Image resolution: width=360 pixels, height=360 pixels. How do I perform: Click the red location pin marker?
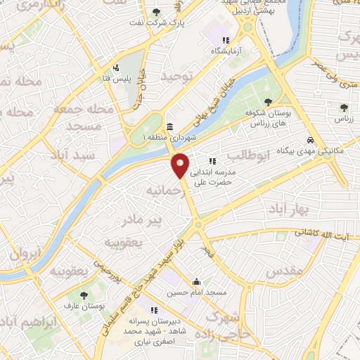coord(181,166)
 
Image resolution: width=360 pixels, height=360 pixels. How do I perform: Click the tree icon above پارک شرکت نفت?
coord(156,13)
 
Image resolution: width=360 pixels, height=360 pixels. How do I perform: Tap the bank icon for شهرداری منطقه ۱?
coord(171,126)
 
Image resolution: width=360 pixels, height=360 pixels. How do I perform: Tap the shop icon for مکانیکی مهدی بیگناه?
coord(310,139)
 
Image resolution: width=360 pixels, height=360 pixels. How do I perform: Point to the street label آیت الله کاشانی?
coord(323,232)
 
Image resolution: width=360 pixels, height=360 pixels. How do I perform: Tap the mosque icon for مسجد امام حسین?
coord(196,280)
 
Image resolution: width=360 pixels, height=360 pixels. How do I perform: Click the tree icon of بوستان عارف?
coord(84,296)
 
